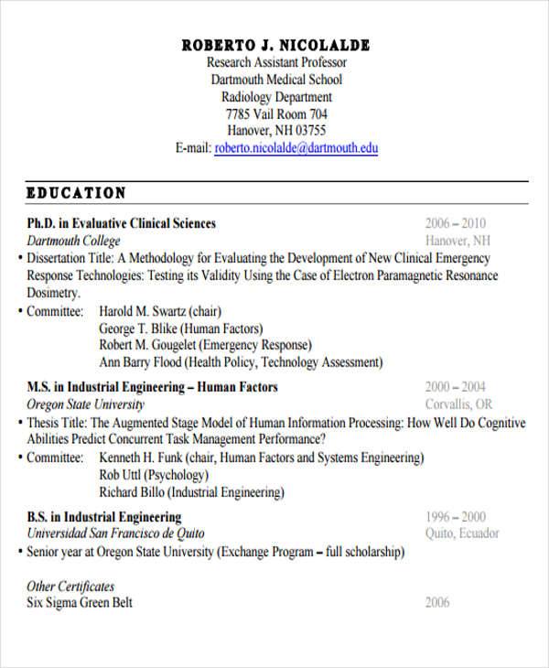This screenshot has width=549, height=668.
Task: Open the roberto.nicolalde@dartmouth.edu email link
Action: click(296, 147)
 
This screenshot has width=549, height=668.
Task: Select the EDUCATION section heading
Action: click(77, 193)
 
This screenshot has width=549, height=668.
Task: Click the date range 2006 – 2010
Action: click(456, 223)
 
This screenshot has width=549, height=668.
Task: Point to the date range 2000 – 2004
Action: click(456, 387)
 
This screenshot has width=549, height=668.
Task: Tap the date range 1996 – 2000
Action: click(456, 517)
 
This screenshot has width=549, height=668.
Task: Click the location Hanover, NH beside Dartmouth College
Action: click(457, 241)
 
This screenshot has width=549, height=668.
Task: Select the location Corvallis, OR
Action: click(458, 404)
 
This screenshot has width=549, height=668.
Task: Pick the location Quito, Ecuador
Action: click(462, 534)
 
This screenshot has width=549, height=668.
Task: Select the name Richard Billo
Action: click(130, 492)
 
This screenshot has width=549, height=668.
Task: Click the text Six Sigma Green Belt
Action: click(80, 603)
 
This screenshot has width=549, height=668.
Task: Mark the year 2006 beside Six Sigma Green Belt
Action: click(438, 603)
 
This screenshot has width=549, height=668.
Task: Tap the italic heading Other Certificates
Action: click(70, 586)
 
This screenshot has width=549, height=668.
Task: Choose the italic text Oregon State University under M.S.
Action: click(86, 404)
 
